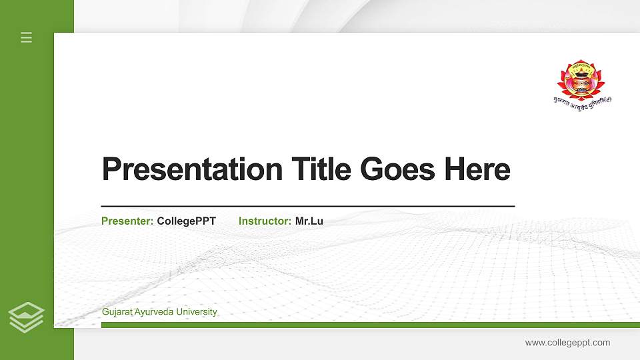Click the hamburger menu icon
pyautogui.click(x=27, y=37)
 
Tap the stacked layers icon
pyautogui.click(x=27, y=317)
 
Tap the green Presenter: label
pyautogui.click(x=127, y=221)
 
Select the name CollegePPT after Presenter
pyautogui.click(x=187, y=221)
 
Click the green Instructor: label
pyautogui.click(x=265, y=221)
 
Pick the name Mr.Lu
pyautogui.click(x=309, y=221)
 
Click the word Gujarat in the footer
pyautogui.click(x=117, y=312)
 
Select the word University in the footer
pyautogui.click(x=197, y=312)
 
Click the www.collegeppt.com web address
pyautogui.click(x=567, y=343)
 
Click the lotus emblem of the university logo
pyautogui.click(x=580, y=79)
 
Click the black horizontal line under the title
pyautogui.click(x=307, y=207)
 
